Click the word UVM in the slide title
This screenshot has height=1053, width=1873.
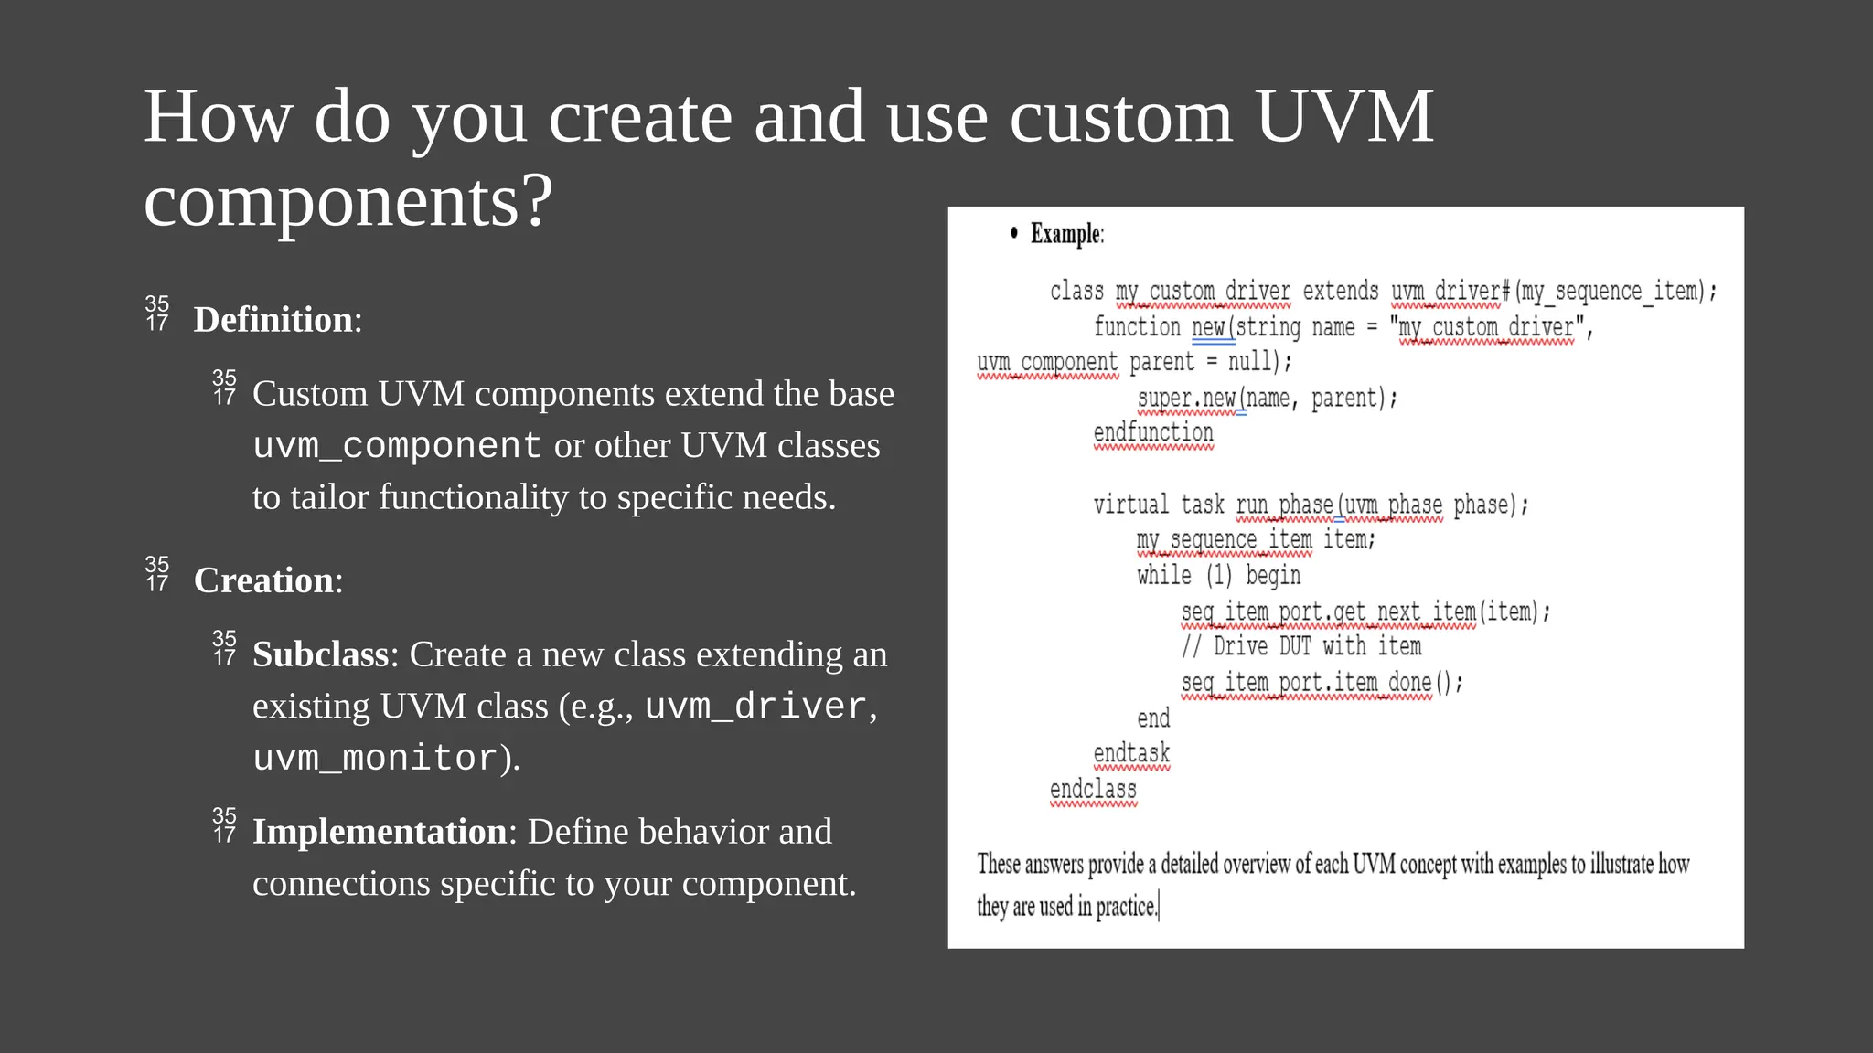[x=1343, y=117]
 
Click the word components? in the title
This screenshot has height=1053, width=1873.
[x=348, y=201]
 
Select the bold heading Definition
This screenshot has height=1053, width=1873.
[x=273, y=320]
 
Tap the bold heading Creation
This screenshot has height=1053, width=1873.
[x=264, y=580]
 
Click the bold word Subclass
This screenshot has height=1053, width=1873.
[x=321, y=654]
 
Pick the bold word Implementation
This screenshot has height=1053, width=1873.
[x=380, y=832]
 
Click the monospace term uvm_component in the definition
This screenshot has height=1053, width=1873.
[x=398, y=446]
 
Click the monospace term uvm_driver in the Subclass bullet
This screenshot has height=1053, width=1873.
[x=755, y=707]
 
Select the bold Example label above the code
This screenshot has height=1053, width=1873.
[x=1066, y=234]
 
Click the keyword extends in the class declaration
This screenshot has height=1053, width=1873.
[x=1340, y=291]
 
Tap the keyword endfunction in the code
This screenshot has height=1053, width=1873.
[x=1153, y=432]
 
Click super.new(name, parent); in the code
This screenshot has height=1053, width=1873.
[x=1267, y=398]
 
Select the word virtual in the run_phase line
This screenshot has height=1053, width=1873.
[x=1130, y=505]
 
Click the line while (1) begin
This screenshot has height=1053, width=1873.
[x=1218, y=575]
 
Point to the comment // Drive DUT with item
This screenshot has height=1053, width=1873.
[x=1300, y=646]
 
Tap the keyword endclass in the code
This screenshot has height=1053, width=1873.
[x=1093, y=789]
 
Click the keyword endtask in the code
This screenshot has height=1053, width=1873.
[x=1131, y=753]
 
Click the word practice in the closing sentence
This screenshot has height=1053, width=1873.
[x=1125, y=907]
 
